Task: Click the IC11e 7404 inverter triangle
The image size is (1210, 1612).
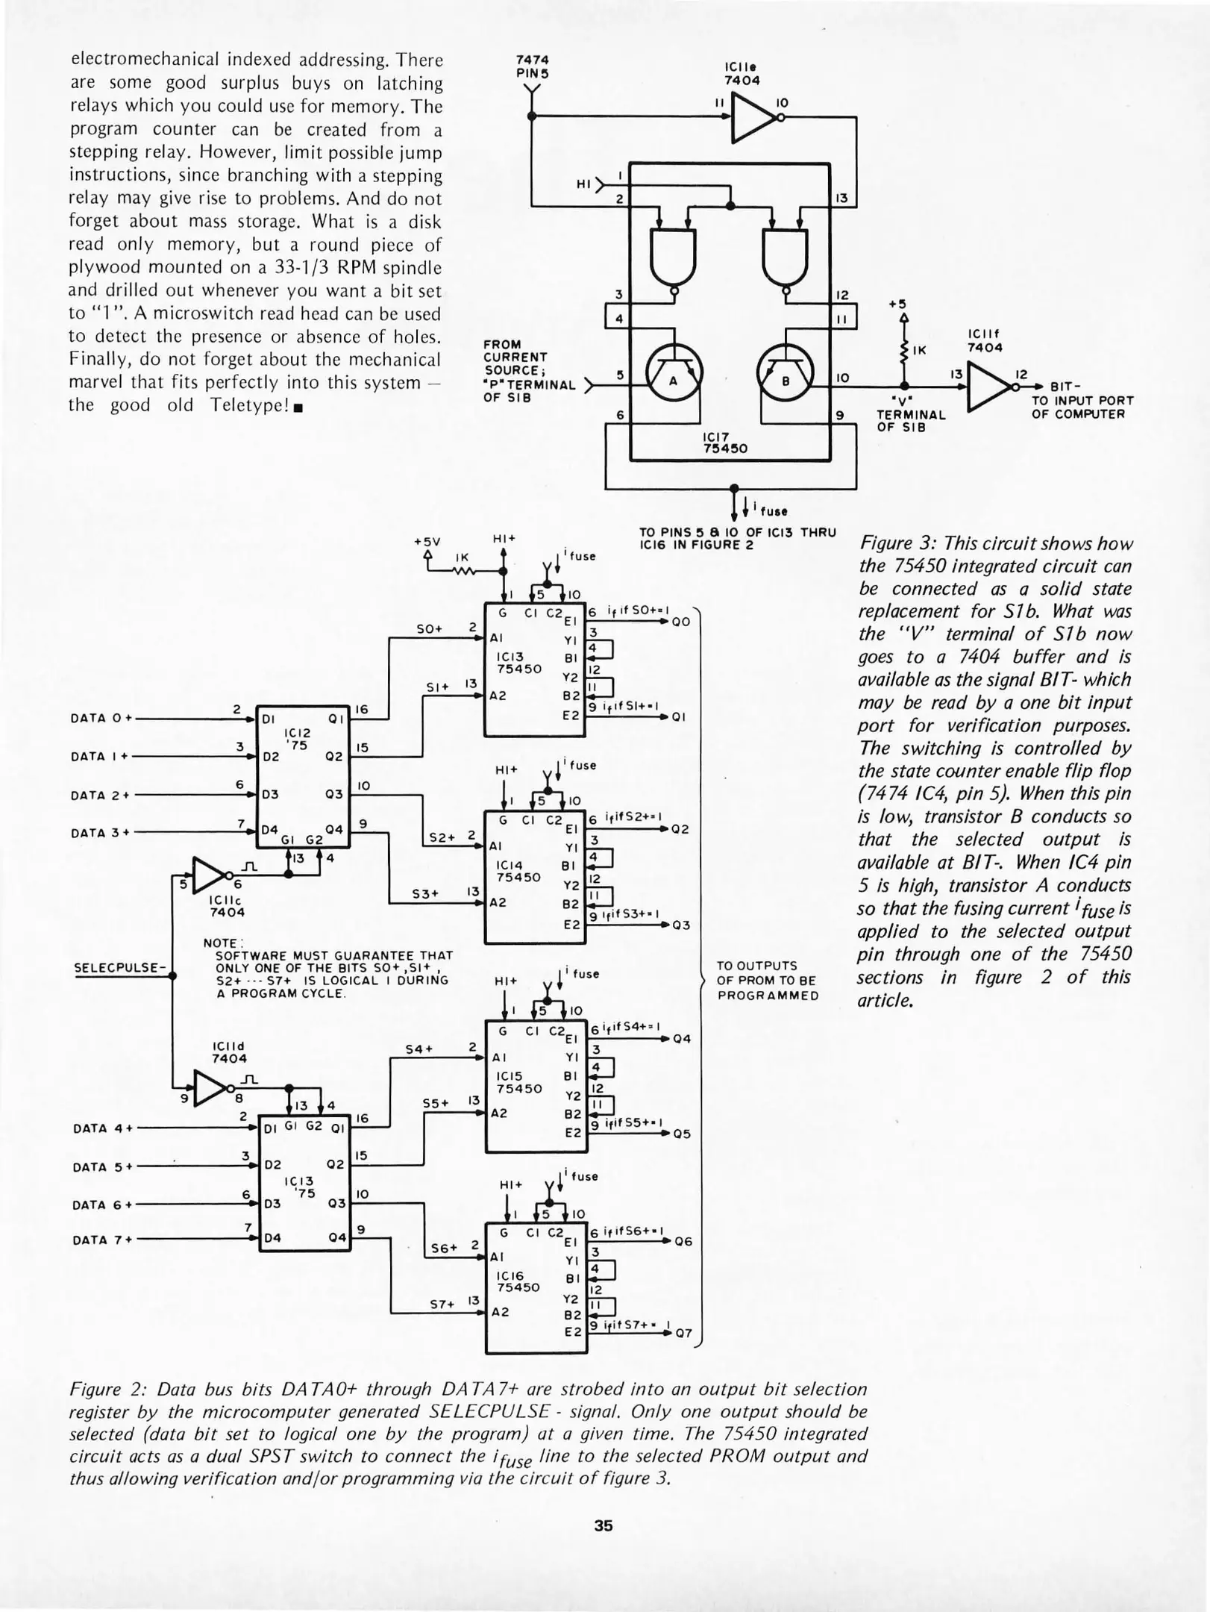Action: pos(753,117)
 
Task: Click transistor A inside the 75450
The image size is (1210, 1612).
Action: pos(673,380)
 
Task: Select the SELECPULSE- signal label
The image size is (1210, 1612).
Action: pos(119,968)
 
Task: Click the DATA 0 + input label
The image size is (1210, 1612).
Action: pos(101,718)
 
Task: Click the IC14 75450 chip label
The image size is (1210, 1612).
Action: pos(518,872)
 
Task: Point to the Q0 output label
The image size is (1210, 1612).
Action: pos(680,621)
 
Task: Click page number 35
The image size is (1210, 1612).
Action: pos(604,1525)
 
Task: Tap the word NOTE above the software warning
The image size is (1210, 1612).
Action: pos(219,943)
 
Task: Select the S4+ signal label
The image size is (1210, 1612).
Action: pos(419,1049)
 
